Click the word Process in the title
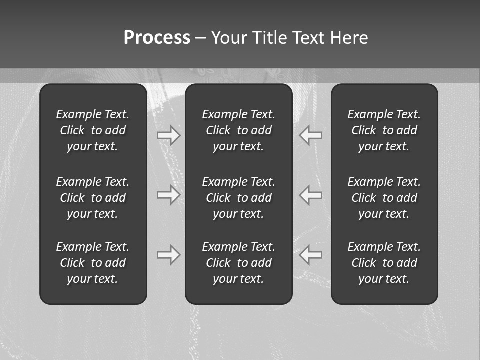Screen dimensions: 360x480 tap(157, 38)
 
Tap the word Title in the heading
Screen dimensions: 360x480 tap(270, 38)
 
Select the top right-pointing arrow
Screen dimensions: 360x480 tap(168, 135)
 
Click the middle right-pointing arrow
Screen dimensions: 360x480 tap(168, 194)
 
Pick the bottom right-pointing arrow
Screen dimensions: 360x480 tap(168, 255)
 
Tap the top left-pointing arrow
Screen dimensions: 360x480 tap(311, 135)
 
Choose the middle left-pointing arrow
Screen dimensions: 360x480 tap(311, 194)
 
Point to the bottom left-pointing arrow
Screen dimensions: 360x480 tap(311, 255)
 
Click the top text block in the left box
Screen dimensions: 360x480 tap(93, 130)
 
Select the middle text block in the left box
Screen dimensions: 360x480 tap(93, 198)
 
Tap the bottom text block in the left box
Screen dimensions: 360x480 tap(93, 263)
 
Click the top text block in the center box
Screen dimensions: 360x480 tap(238, 130)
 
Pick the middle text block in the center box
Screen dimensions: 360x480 tap(238, 198)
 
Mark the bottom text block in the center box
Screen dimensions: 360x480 tap(238, 263)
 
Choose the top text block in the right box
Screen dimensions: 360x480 tap(384, 130)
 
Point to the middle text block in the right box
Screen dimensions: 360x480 tap(384, 198)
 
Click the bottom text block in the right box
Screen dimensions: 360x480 tap(384, 263)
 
